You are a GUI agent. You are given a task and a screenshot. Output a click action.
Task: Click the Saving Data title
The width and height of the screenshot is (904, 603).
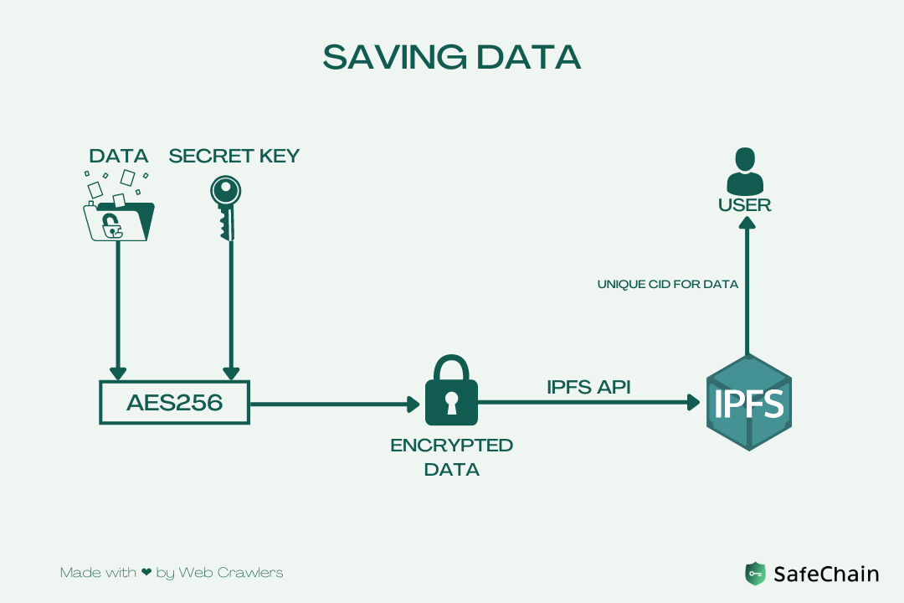click(x=451, y=57)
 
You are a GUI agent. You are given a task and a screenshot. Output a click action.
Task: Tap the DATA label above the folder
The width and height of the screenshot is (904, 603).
click(x=119, y=156)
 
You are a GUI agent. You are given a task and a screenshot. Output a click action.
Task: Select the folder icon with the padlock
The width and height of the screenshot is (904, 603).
click(x=119, y=219)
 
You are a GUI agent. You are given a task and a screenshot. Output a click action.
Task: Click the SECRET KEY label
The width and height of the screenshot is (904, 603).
click(x=234, y=156)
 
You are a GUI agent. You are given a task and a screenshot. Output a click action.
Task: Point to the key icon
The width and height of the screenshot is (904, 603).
click(x=225, y=205)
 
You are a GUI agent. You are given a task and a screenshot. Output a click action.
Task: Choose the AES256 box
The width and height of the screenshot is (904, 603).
click(x=175, y=403)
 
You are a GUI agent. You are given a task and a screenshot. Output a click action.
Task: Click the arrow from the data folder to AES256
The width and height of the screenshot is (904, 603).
click(x=119, y=310)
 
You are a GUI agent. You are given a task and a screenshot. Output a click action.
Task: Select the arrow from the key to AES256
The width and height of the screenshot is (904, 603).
click(x=231, y=310)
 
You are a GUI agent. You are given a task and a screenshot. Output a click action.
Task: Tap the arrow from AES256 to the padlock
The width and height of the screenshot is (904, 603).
click(x=335, y=404)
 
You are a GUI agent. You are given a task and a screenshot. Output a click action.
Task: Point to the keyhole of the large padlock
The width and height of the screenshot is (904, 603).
click(x=452, y=403)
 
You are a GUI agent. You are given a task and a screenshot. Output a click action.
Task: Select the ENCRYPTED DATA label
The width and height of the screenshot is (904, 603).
click(x=452, y=457)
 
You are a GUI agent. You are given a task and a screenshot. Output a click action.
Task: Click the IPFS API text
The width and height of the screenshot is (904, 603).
click(x=588, y=387)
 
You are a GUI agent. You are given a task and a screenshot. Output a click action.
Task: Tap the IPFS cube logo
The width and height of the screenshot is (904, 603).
click(x=748, y=403)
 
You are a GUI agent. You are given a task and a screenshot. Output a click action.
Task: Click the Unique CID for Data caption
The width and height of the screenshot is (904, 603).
click(x=668, y=285)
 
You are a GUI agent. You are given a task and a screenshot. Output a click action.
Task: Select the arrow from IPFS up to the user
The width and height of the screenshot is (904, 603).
click(x=748, y=285)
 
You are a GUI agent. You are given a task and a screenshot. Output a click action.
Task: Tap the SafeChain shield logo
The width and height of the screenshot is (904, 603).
click(x=755, y=574)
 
